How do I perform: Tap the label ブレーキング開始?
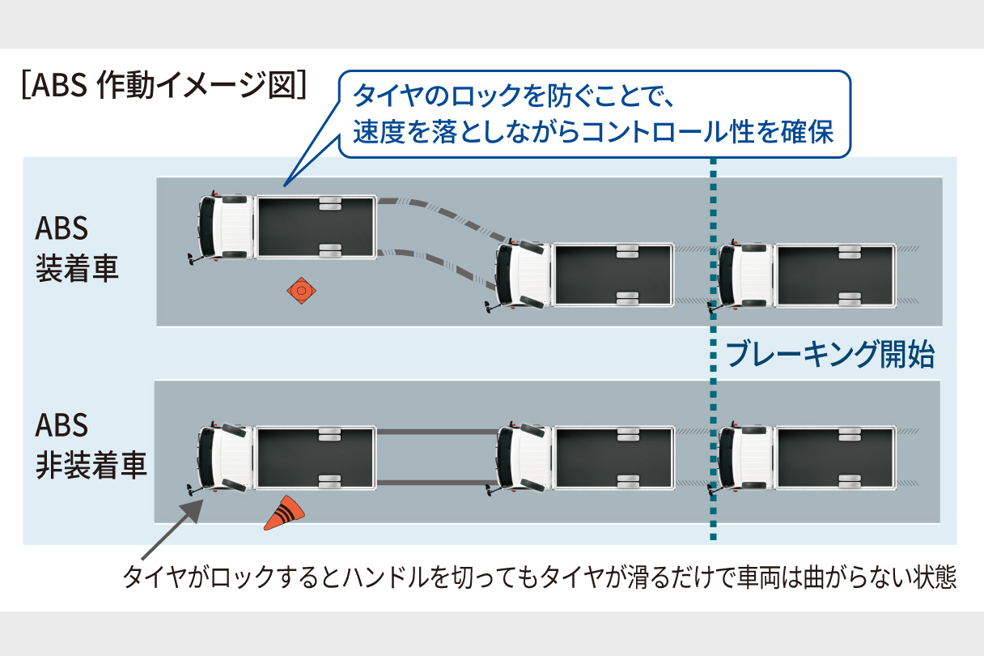click(x=830, y=355)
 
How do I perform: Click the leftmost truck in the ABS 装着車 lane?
click(x=287, y=228)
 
